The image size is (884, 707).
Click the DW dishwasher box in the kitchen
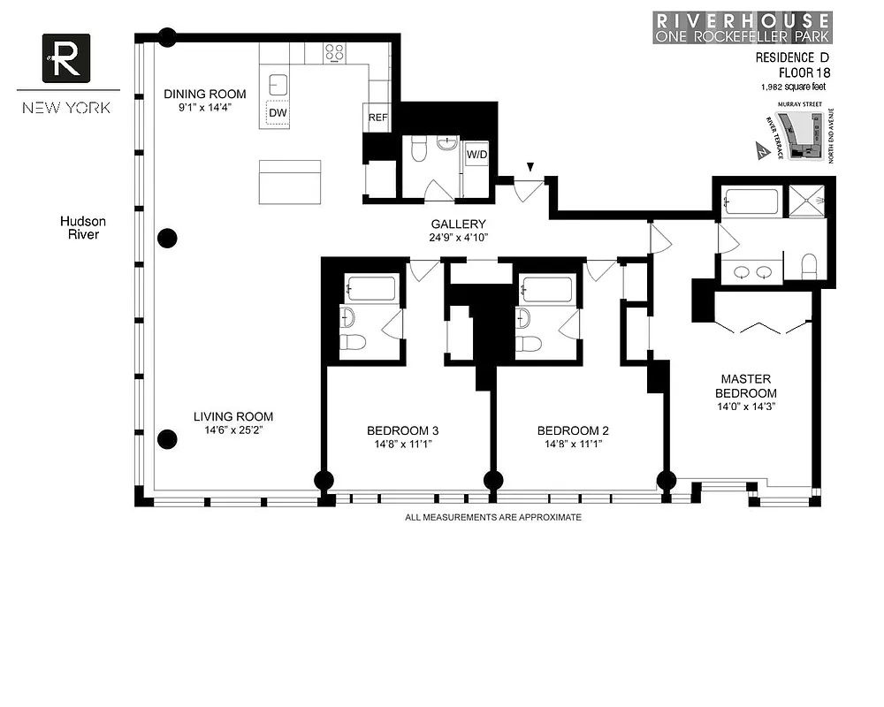point(278,114)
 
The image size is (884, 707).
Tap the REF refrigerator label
point(377,118)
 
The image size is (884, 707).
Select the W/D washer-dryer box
point(476,155)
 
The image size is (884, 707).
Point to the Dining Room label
point(205,95)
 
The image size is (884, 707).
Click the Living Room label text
point(233,417)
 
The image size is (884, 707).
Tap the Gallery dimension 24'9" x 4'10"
point(458,237)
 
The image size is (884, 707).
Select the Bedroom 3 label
point(403,431)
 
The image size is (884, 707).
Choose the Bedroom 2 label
point(573,431)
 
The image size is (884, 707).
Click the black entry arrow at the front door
point(530,167)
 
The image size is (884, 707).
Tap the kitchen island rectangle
point(290,181)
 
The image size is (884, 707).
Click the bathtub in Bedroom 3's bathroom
point(371,288)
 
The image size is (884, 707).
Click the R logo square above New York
point(66,57)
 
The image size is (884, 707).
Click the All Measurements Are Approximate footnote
point(493,517)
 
